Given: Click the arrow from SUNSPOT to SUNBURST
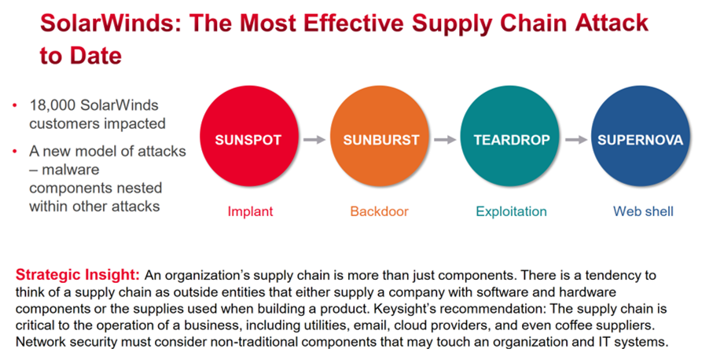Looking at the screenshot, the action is click(314, 140).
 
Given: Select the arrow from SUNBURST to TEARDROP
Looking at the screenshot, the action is click(445, 140).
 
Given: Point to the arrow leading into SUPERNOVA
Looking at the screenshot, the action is click(575, 140).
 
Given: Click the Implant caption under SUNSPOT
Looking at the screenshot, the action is click(250, 211).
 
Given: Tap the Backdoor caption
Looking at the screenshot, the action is click(379, 211).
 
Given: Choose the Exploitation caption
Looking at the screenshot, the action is click(511, 211).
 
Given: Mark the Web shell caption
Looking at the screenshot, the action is click(643, 211).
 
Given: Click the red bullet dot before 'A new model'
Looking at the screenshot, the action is click(15, 152).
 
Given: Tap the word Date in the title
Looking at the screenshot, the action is click(95, 56).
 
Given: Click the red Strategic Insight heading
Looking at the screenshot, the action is click(78, 275).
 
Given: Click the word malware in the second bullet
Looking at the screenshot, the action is click(70, 170).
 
